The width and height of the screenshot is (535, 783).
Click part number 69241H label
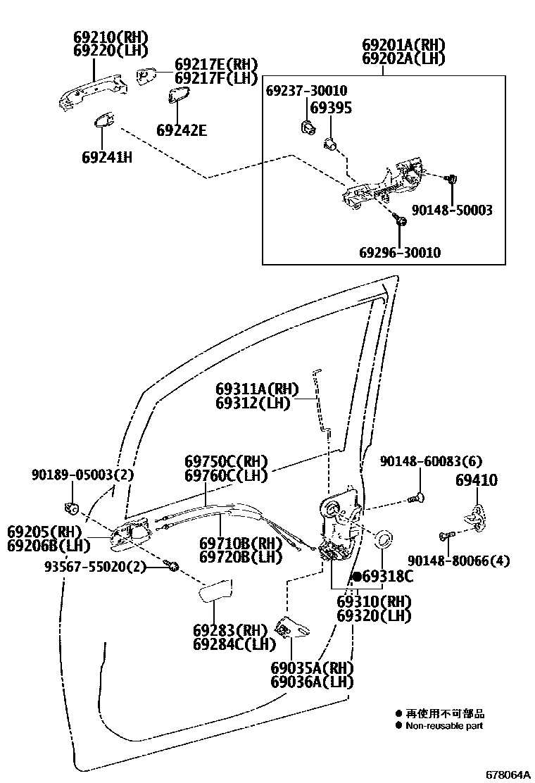coord(106,156)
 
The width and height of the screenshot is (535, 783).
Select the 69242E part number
coord(182,130)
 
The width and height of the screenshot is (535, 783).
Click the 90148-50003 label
coord(452,210)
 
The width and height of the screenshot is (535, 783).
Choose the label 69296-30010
coord(401,252)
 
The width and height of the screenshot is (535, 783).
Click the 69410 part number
coord(476,480)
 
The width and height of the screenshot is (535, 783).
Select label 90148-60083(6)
coord(431,461)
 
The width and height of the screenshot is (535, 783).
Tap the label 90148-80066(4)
coord(458,560)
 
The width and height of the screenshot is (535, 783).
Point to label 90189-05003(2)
coord(82,475)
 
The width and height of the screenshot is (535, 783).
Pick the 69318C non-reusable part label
coord(383,577)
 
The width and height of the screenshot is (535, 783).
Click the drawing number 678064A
coord(507,774)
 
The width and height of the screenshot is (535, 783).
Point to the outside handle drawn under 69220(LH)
coord(92,89)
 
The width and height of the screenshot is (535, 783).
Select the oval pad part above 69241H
coord(106,121)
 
